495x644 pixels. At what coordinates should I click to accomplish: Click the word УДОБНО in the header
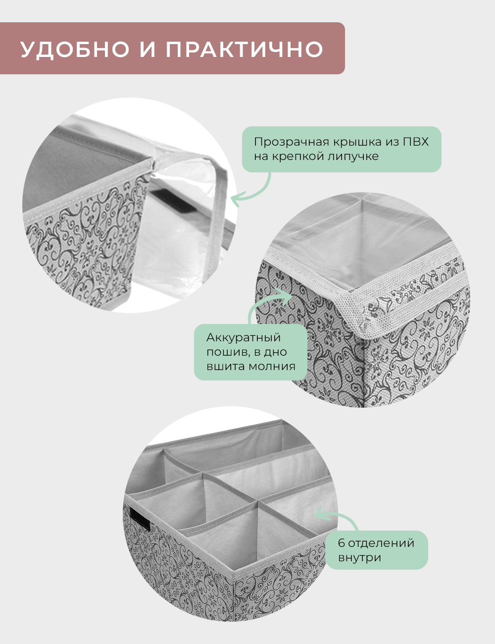75,49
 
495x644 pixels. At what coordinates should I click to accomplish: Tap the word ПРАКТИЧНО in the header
244,49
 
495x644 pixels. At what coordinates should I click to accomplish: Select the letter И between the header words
148,49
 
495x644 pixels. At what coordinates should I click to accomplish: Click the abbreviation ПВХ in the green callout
416,142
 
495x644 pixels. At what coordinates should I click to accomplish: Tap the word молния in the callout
272,367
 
